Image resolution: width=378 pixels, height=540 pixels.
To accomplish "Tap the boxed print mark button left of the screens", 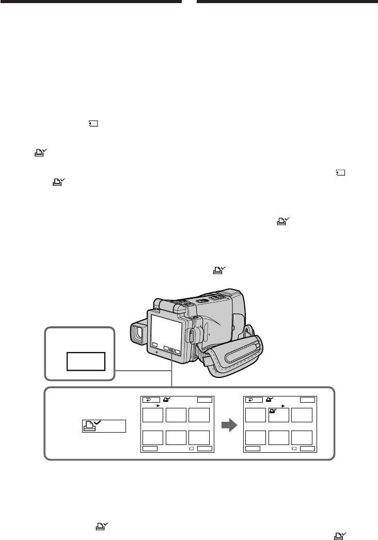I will pos(103,426).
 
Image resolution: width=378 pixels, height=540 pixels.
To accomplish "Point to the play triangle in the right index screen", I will pos(283,406).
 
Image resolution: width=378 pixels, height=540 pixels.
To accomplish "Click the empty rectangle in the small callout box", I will pos(86,361).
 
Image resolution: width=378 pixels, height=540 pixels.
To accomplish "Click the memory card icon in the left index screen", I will pos(191,449).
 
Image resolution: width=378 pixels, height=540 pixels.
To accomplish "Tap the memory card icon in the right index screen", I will pos(294,449).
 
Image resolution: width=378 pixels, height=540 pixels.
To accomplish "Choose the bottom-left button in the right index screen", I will pos(253,449).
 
